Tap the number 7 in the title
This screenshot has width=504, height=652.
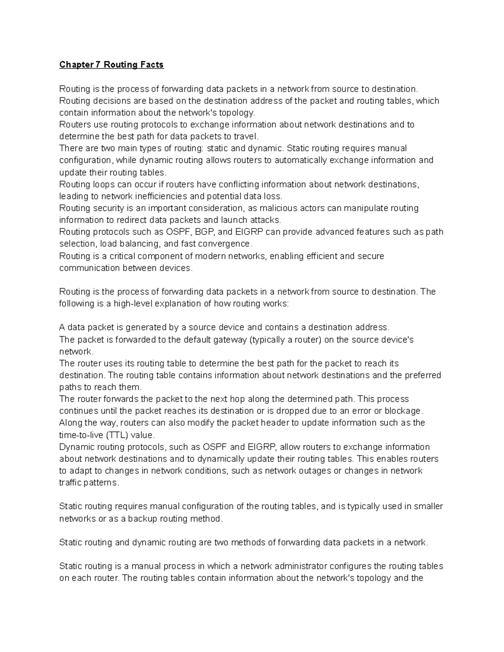point(99,65)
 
